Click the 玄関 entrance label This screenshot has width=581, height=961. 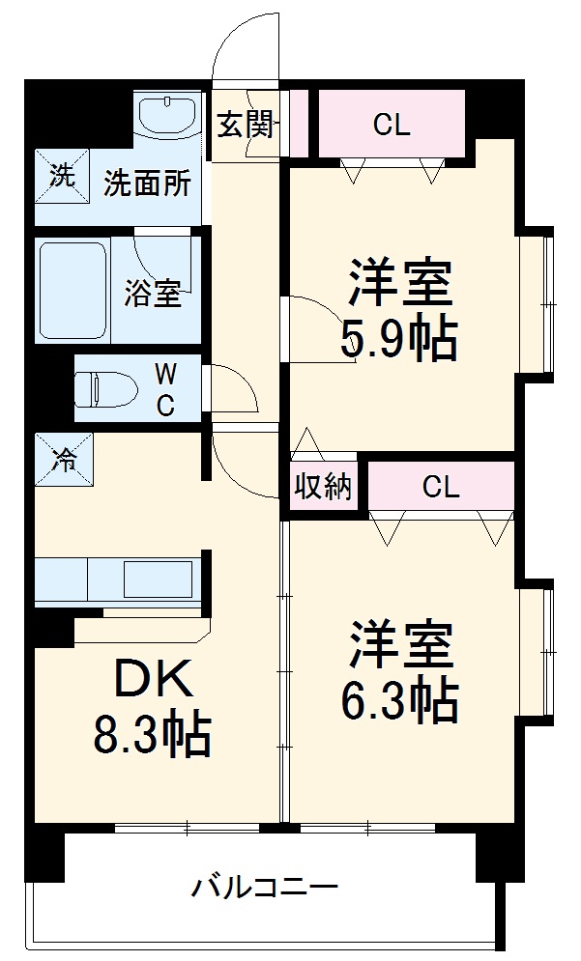(244, 126)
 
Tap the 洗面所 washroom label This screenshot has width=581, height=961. (147, 183)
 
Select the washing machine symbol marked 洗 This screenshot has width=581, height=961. (60, 176)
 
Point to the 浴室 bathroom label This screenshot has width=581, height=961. (152, 294)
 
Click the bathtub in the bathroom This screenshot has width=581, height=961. (73, 290)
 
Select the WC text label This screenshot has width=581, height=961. (165, 389)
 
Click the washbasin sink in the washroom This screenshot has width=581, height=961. (167, 116)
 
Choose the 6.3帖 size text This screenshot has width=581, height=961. (397, 701)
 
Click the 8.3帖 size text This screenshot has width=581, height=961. (152, 736)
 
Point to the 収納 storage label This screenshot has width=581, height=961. (323, 488)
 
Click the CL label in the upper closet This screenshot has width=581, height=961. (392, 125)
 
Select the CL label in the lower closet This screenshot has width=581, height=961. (440, 488)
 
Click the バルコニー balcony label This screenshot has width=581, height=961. (264, 885)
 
